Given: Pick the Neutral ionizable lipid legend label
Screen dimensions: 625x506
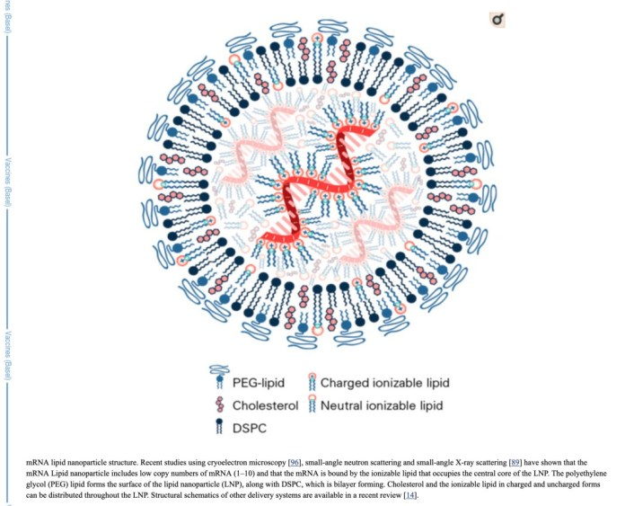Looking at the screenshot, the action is (x=383, y=406).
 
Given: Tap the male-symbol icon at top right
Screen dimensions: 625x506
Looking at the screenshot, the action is (x=497, y=19).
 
